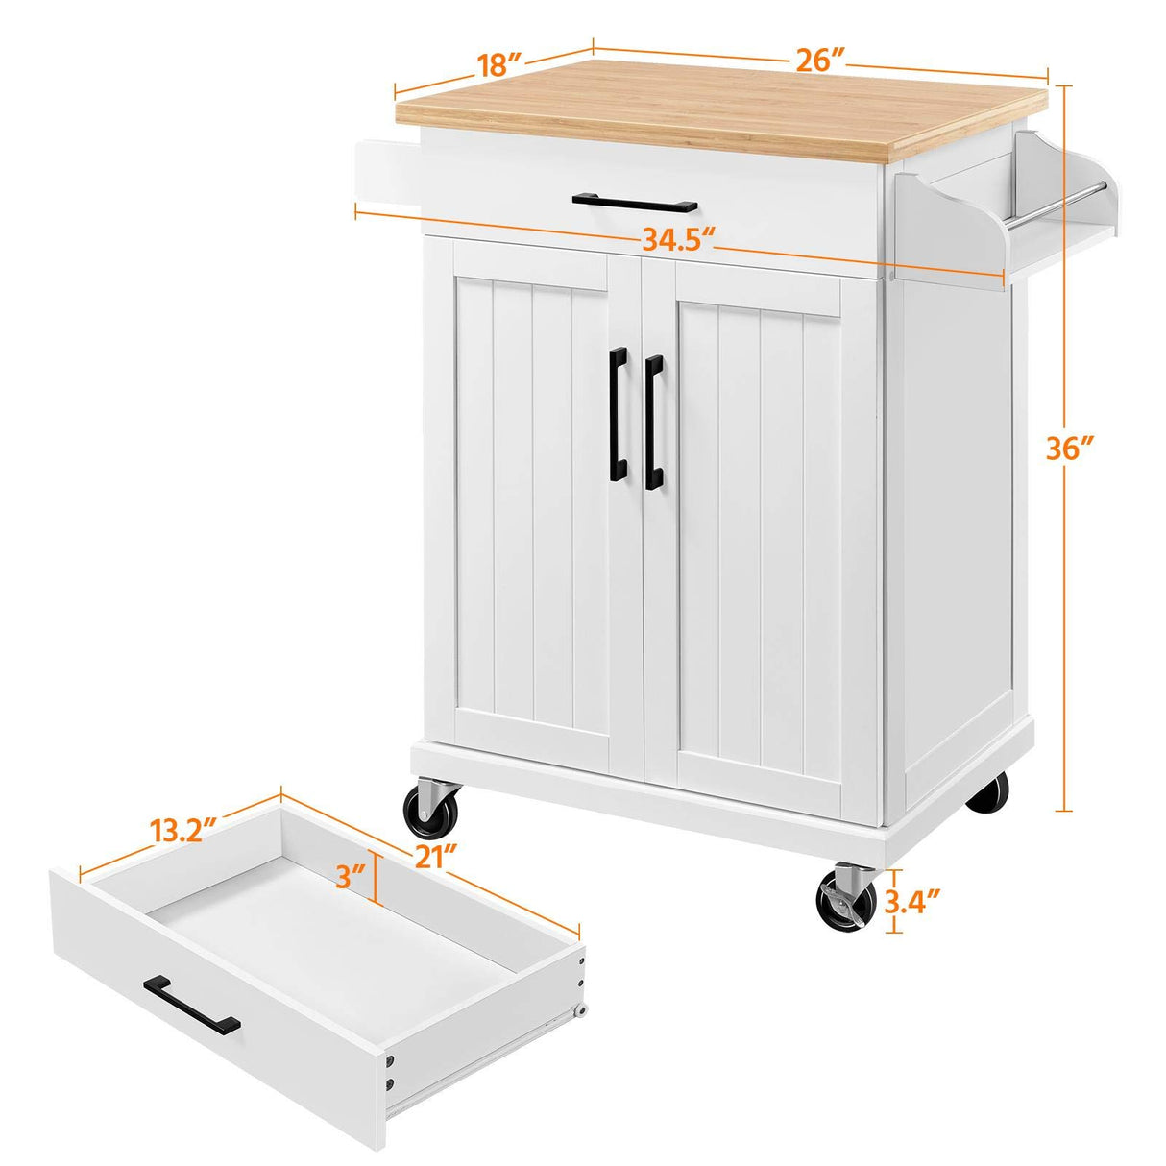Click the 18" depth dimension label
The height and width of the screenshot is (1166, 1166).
[499, 64]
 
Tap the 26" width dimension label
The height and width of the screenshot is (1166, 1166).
[819, 60]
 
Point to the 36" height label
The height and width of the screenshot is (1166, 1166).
[1071, 449]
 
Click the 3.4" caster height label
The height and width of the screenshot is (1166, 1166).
[911, 901]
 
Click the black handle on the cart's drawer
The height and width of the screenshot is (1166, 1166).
[634, 203]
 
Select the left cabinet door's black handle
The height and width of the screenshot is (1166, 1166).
[618, 414]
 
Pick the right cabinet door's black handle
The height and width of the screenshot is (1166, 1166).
[654, 421]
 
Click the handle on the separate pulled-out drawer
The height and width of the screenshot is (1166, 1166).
[192, 1003]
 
